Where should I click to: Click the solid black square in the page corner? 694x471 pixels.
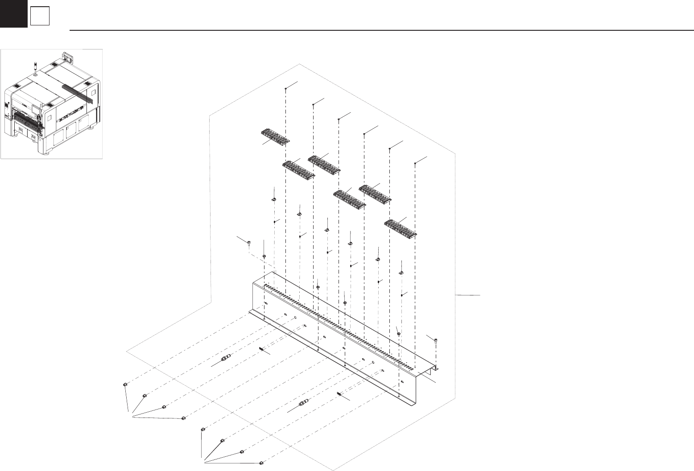[13, 13]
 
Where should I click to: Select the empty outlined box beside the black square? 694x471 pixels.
[40, 17]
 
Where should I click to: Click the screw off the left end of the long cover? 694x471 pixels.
[248, 242]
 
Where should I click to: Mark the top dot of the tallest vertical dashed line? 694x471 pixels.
[285, 89]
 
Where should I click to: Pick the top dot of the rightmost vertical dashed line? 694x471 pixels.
[415, 164]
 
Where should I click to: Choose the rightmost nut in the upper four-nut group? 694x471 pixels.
[183, 418]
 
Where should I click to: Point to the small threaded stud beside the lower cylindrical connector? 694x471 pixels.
[340, 394]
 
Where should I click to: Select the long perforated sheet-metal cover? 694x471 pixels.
[339, 339]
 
